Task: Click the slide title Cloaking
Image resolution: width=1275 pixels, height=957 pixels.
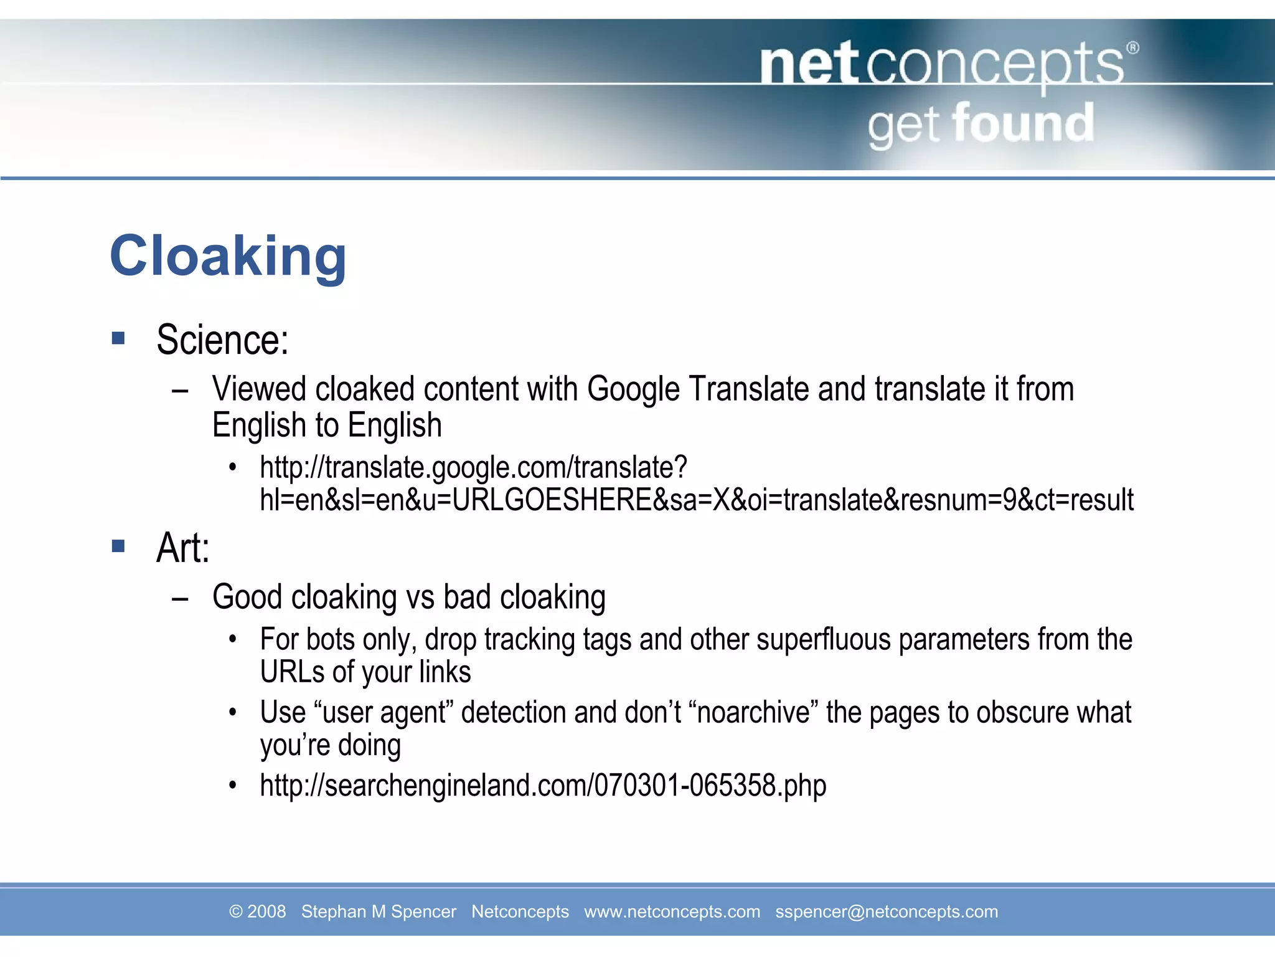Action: [x=228, y=256]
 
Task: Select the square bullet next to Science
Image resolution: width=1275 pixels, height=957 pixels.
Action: [x=118, y=338]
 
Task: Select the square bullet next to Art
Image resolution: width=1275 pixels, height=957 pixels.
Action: [x=118, y=546]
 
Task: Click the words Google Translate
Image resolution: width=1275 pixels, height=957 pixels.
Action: [x=697, y=389]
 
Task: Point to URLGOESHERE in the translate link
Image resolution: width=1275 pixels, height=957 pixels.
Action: [x=552, y=500]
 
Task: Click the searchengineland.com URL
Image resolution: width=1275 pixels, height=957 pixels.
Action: [x=543, y=785]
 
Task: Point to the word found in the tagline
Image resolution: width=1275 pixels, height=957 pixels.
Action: [x=1023, y=123]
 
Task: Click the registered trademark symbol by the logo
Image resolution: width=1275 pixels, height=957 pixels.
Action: [x=1133, y=48]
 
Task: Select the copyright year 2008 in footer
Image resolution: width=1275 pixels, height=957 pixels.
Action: [x=266, y=912]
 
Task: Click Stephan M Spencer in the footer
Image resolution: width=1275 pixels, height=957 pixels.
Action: [x=379, y=912]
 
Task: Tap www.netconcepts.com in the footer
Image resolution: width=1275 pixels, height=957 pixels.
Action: [x=672, y=912]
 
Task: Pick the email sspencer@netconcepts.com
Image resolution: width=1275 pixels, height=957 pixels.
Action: [x=886, y=912]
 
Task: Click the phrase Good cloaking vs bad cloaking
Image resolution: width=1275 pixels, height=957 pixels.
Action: [x=408, y=598]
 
